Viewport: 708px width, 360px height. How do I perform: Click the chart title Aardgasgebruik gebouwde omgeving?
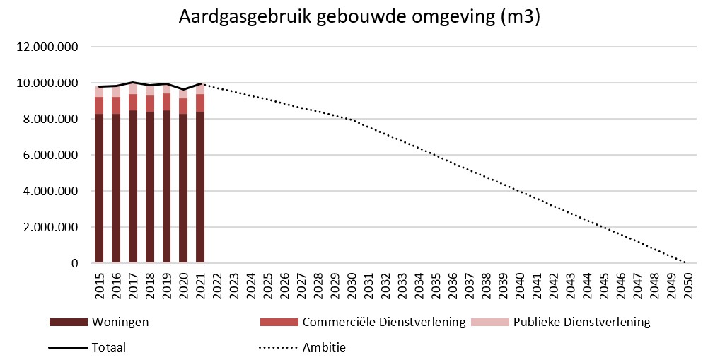point(359,18)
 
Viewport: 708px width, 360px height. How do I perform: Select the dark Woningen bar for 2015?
point(99,187)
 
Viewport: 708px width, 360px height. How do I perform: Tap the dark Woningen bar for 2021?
point(200,187)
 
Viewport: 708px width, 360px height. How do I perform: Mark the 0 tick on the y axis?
point(74,263)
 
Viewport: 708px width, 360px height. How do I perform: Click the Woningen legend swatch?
point(67,323)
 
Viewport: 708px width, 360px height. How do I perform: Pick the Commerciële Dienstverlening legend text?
point(383,323)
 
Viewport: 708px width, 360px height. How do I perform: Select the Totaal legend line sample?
point(67,347)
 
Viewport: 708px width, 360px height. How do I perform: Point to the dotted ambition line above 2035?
point(435,155)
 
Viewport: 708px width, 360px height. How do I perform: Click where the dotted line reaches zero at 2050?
point(686,263)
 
